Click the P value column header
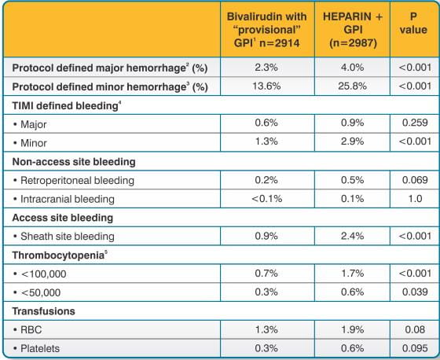click(413, 24)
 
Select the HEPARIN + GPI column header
click(353, 30)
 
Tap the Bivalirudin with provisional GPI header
click(266, 30)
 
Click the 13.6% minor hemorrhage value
click(266, 86)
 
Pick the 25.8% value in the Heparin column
click(353, 86)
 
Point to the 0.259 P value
click(415, 123)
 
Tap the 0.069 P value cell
click(415, 180)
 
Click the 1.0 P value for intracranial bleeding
click(416, 199)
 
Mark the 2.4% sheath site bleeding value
click(353, 236)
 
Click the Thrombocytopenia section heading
click(60, 255)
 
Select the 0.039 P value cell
click(415, 292)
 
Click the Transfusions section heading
click(43, 311)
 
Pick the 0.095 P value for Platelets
click(415, 348)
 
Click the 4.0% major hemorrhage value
click(353, 68)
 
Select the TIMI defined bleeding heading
click(67, 106)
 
